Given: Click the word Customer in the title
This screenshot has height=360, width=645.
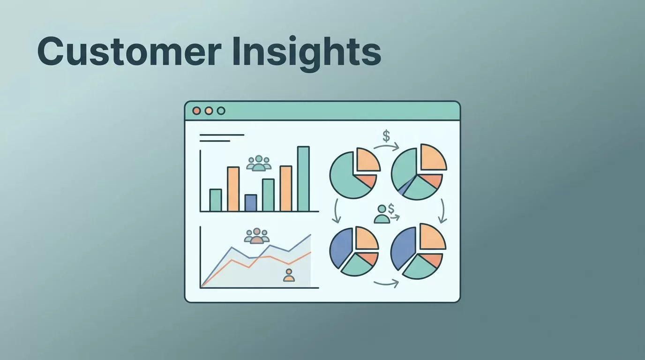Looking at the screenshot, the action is [129, 51].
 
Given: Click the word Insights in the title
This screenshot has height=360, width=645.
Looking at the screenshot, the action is [307, 53].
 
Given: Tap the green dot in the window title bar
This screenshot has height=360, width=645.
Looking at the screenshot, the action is [221, 111].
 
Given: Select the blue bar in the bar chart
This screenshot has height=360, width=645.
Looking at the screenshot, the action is [250, 203].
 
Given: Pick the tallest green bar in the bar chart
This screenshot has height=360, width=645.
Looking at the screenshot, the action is [303, 179].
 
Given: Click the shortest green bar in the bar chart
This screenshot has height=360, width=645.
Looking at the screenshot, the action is [215, 200].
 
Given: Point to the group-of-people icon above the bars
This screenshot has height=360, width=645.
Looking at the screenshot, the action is [259, 163].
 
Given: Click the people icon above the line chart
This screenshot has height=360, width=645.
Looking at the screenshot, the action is [256, 236].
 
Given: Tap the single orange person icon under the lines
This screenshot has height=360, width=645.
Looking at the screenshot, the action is [289, 275].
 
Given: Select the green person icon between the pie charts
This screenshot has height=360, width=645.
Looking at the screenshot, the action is [382, 214].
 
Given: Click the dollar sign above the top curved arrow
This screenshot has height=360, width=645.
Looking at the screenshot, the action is [386, 136].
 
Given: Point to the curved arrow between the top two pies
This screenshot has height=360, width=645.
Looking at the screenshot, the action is [386, 147].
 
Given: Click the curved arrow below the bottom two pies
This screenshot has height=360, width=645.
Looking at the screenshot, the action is [386, 284].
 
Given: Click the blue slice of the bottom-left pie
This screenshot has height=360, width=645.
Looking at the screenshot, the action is [341, 247].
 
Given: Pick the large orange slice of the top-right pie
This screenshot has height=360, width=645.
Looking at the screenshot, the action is [433, 157].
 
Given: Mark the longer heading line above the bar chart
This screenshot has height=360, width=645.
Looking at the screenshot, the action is [222, 135].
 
